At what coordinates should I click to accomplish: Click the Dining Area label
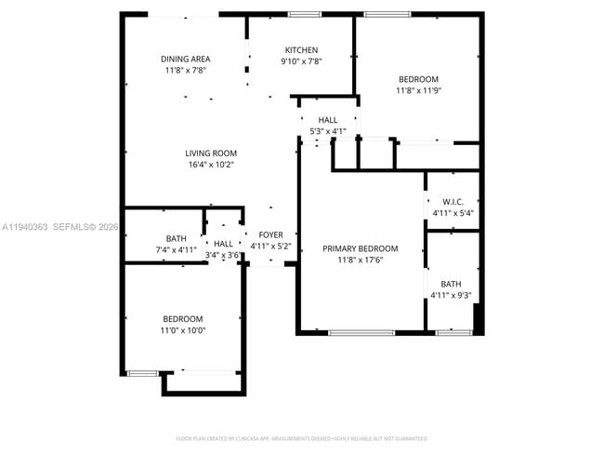[x=185, y=59]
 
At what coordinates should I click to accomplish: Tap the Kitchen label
[x=301, y=50]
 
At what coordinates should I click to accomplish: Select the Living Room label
[x=210, y=154]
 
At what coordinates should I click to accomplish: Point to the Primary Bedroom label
[x=360, y=248]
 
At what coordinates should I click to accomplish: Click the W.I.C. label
[x=453, y=202]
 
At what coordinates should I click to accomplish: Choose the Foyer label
[x=270, y=235]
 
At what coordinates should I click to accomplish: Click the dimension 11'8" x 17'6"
[x=360, y=260]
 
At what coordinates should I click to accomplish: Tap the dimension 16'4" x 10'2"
[x=210, y=165]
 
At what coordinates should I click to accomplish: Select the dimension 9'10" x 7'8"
[x=301, y=61]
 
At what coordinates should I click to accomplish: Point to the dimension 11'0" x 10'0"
[x=183, y=329]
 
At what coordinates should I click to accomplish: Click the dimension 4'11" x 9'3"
[x=451, y=296]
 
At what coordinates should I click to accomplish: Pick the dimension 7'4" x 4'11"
[x=176, y=249]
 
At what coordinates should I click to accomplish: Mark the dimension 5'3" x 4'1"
[x=328, y=131]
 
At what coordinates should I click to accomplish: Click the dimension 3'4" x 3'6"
[x=223, y=255]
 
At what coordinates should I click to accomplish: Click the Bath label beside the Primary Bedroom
[x=451, y=284]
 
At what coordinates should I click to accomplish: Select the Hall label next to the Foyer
[x=223, y=244]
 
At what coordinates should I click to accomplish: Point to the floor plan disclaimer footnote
[x=301, y=437]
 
